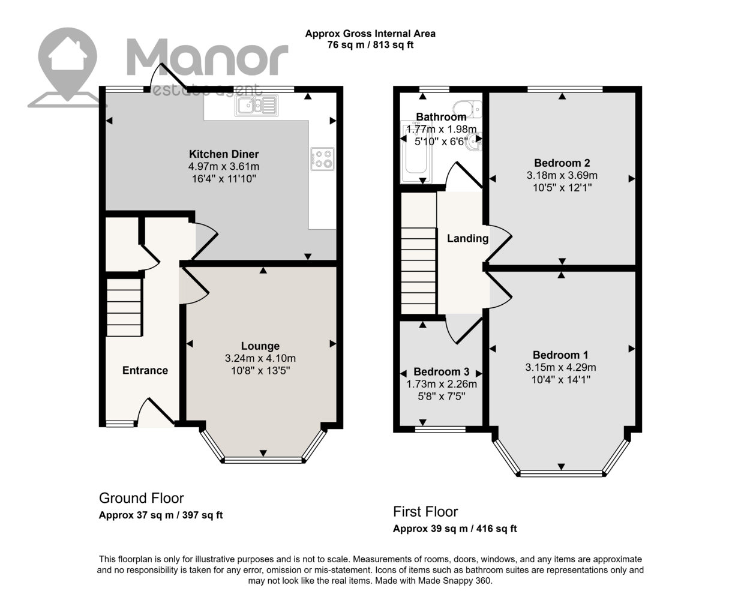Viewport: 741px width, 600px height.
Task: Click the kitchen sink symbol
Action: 257,105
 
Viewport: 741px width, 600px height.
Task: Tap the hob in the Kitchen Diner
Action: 322,159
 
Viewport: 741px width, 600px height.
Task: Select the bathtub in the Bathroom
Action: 416,152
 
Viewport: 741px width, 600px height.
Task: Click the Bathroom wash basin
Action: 475,142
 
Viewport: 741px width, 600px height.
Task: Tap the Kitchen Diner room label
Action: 224,154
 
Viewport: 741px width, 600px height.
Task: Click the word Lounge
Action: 260,346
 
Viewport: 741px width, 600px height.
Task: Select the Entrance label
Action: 145,370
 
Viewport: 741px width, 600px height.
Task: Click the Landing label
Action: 467,238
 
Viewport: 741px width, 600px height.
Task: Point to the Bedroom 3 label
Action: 442,371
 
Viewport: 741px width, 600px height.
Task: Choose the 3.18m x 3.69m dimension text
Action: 562,175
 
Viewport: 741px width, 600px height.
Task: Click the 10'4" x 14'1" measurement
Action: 561,379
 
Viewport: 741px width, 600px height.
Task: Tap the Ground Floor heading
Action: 141,498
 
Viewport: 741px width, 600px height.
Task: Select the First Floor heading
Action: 425,512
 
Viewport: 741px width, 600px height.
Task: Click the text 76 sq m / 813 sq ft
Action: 370,45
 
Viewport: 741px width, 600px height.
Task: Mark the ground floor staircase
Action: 124,307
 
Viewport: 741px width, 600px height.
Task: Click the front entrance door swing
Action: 156,412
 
